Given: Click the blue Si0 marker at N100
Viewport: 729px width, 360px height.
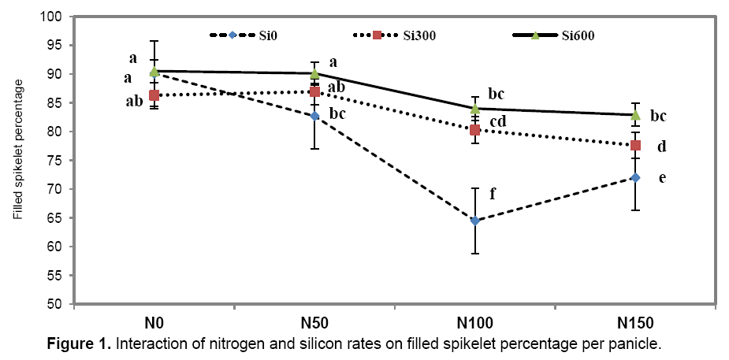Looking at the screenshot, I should coord(475,221).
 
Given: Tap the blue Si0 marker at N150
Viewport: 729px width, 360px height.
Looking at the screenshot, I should coord(635,177).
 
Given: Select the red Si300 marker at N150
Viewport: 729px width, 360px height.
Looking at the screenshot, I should coord(635,145).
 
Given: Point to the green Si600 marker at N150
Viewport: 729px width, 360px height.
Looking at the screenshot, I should coord(635,115).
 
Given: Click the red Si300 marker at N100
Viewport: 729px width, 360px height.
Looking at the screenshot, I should coord(475,130).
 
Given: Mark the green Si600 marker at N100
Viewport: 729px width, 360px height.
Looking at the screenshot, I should coord(475,109).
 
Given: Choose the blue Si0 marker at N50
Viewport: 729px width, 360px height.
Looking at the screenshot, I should coord(314,116).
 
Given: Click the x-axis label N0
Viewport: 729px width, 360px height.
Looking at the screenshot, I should coord(154,324).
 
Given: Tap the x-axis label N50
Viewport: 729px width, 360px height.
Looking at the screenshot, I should coord(314,324).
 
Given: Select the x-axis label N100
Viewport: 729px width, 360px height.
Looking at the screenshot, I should coord(475,324).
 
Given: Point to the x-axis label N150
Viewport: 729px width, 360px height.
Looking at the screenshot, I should coord(635,324).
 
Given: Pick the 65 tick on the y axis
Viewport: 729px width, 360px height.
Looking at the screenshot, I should coord(58,218).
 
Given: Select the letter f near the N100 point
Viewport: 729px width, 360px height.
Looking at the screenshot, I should coord(494,191).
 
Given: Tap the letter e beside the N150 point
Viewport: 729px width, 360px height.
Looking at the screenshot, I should coord(663,178).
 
